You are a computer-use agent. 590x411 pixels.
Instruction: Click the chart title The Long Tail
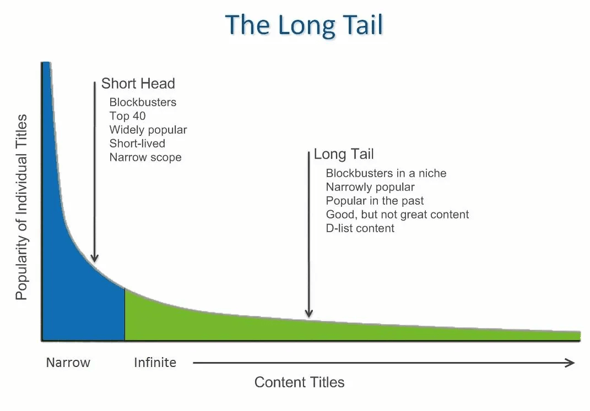point(304,25)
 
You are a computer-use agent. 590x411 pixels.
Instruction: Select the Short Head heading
point(138,84)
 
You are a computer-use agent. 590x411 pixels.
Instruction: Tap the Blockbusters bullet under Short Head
point(143,102)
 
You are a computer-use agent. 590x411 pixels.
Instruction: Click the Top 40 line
point(128,116)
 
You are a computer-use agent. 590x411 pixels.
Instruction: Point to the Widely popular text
point(148,130)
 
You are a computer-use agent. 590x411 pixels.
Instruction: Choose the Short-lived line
point(137,143)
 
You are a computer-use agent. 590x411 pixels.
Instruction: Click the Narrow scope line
point(145,157)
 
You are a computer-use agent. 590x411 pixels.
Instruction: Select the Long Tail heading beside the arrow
point(344,154)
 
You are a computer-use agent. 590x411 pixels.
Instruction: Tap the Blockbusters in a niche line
point(386,173)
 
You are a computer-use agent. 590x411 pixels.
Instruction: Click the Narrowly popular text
point(370,187)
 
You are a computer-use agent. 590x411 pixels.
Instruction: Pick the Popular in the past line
point(375,201)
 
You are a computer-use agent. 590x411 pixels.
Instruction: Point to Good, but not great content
point(397,215)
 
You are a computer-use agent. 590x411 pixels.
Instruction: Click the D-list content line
point(360,228)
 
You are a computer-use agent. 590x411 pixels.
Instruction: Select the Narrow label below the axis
point(68,363)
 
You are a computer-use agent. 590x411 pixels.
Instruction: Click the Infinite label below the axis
point(155,363)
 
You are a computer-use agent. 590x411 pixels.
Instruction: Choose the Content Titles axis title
point(300,382)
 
